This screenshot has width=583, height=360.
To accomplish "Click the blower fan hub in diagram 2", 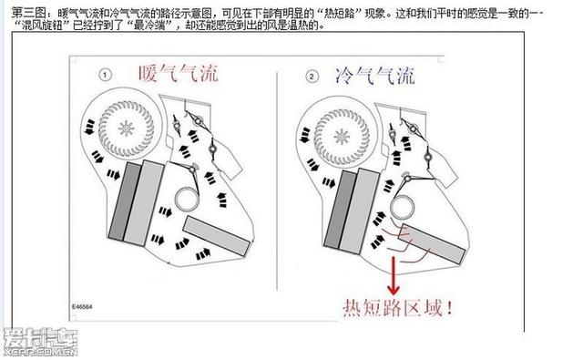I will (x=340, y=134).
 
